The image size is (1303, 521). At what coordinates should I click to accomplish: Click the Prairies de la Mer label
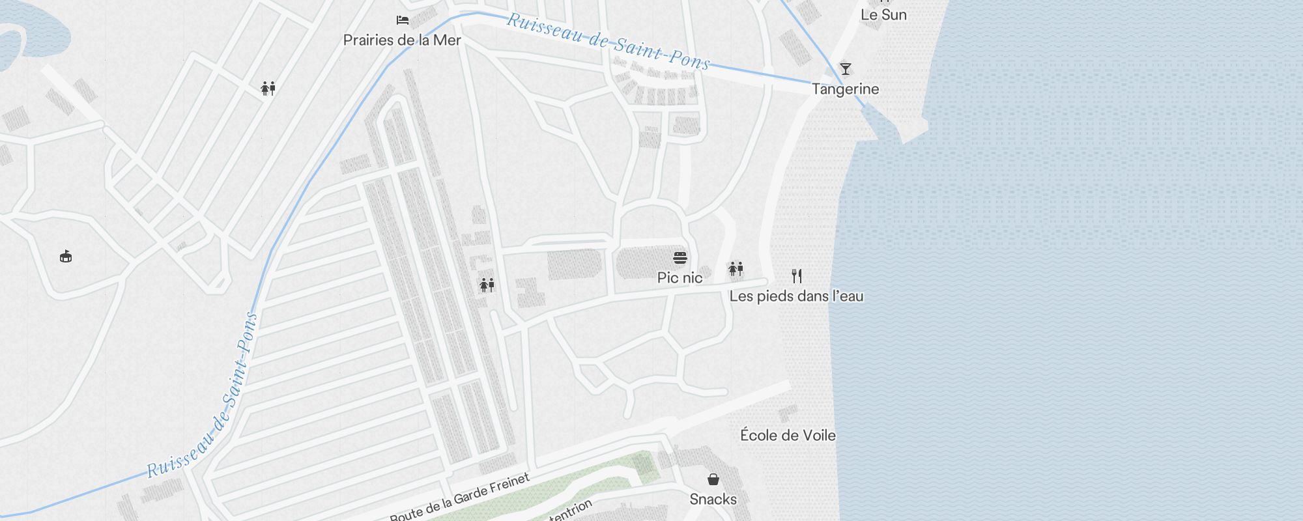[402, 40]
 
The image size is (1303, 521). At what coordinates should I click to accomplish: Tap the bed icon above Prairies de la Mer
[403, 20]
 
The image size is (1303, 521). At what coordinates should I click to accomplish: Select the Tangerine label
[845, 89]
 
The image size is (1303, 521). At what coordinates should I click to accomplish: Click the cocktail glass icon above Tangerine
[845, 69]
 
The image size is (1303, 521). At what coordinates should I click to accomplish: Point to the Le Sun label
[883, 15]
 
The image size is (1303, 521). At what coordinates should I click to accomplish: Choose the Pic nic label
[680, 278]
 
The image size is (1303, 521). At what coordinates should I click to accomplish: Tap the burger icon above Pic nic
[680, 258]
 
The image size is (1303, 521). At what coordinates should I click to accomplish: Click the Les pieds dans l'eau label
[796, 296]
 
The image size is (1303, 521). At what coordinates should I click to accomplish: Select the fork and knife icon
[796, 275]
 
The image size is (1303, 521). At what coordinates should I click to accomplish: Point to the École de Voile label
[788, 435]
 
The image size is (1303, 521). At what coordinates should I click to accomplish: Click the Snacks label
[713, 500]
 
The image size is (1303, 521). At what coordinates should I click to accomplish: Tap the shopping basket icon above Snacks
[713, 479]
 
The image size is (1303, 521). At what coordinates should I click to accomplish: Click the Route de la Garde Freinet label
[460, 499]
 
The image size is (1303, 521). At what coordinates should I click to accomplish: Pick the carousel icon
[66, 256]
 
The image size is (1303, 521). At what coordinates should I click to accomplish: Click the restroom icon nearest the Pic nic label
[736, 268]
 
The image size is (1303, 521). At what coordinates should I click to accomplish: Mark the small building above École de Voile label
[788, 414]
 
